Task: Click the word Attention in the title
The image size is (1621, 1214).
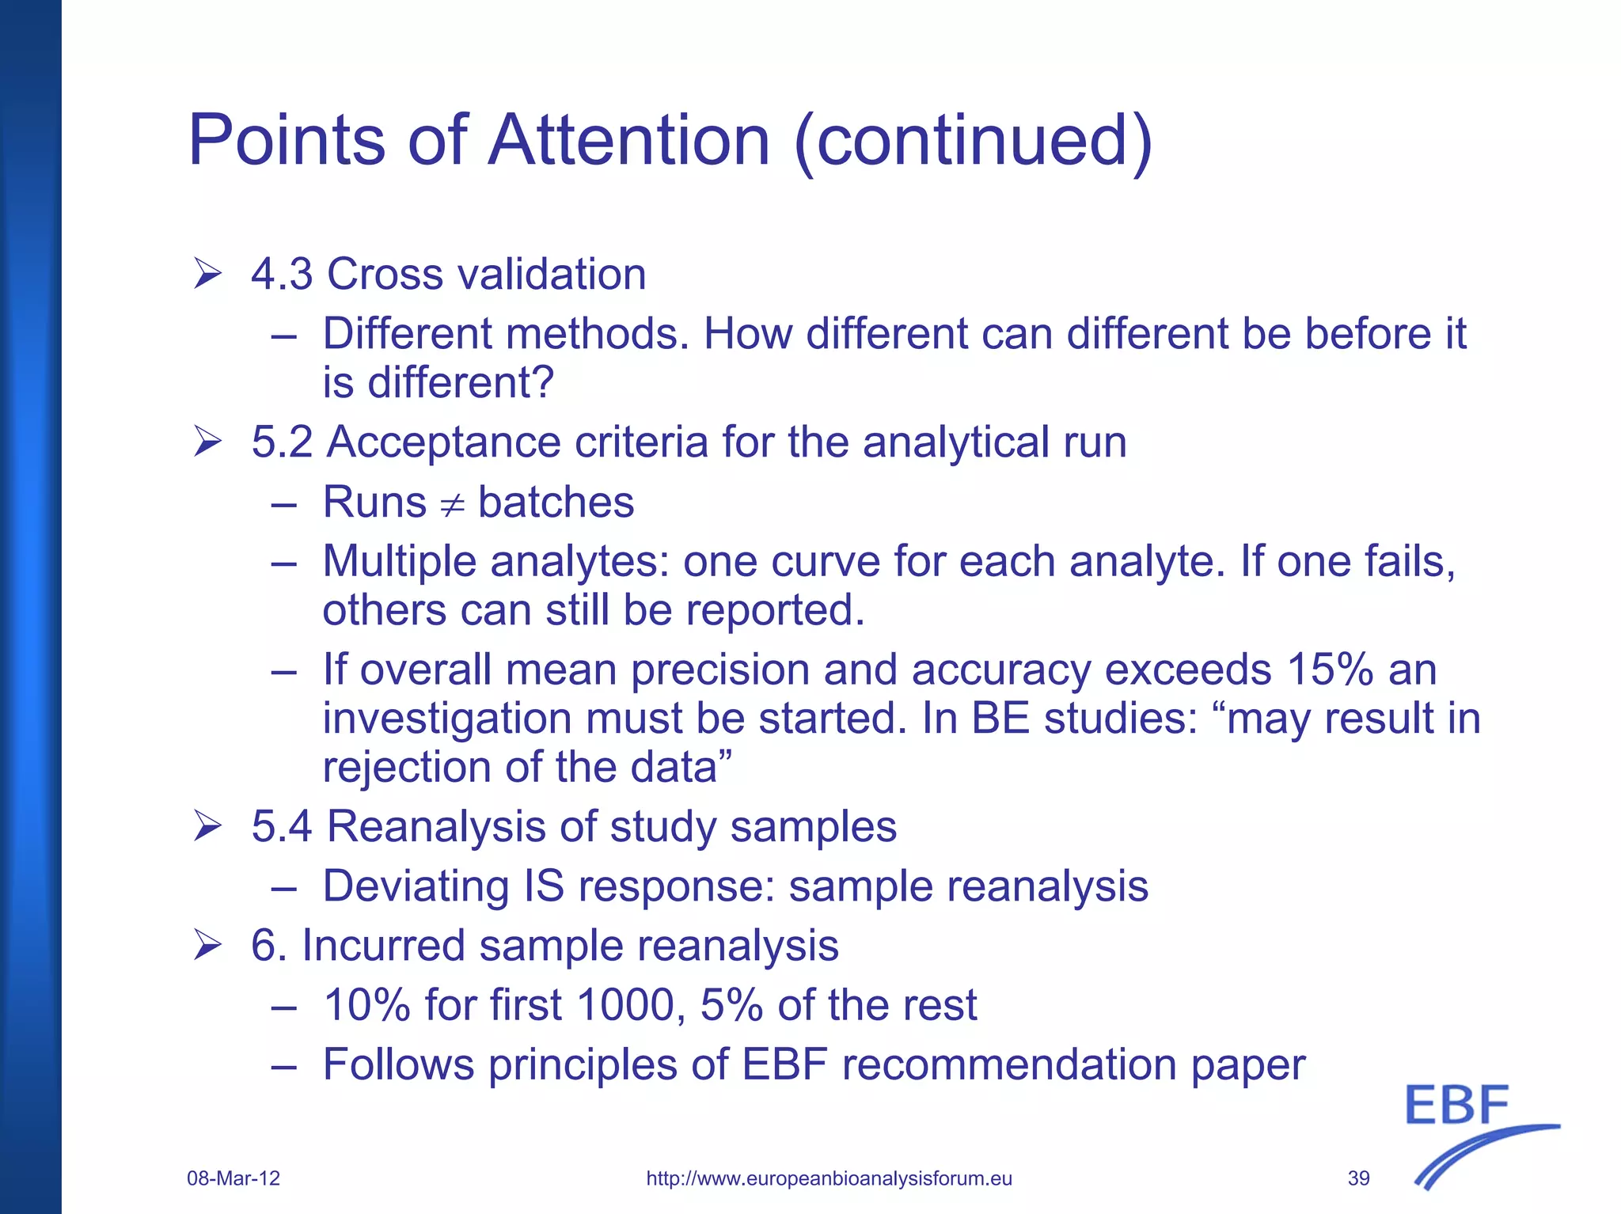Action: [x=629, y=140]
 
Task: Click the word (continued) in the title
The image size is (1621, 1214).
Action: [x=973, y=140]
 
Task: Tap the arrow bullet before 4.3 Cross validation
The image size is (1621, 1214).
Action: [x=207, y=275]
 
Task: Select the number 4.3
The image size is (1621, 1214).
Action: [x=282, y=275]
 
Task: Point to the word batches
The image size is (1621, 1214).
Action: [x=556, y=503]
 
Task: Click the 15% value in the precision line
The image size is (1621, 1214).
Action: [x=1329, y=670]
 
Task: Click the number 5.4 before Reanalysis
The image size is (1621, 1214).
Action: [x=282, y=827]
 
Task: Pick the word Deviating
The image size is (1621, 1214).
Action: [x=416, y=886]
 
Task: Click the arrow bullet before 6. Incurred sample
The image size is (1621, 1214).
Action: [x=207, y=946]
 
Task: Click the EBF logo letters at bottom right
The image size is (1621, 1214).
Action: [x=1457, y=1106]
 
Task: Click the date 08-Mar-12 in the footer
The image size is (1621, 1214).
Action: [x=233, y=1178]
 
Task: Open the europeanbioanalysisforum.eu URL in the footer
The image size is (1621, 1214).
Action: [x=829, y=1178]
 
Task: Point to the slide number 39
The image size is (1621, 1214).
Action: [x=1358, y=1178]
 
